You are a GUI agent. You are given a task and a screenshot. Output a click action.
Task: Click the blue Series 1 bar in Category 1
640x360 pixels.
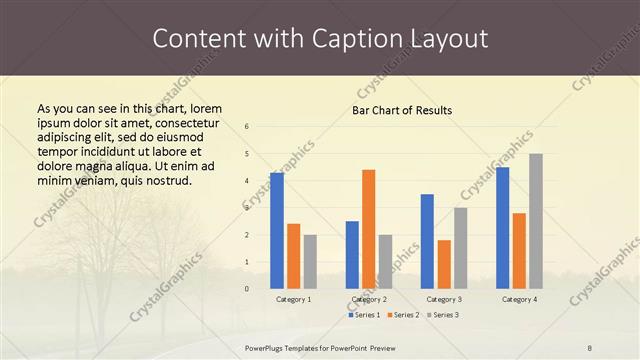[x=277, y=231]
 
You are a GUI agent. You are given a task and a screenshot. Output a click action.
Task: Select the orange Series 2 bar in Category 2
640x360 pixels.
[x=368, y=229]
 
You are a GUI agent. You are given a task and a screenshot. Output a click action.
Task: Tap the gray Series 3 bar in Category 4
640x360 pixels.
[x=536, y=221]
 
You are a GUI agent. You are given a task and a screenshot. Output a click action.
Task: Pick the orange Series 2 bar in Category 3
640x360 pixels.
[x=444, y=264]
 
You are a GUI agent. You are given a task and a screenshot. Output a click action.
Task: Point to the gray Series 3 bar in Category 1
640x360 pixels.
[x=310, y=262]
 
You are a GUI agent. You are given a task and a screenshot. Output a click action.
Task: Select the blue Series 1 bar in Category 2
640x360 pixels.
[x=352, y=255]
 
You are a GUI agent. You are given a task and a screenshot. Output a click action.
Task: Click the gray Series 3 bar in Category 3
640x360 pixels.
[x=460, y=248]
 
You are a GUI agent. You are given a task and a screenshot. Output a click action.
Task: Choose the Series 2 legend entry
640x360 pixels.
[x=403, y=315]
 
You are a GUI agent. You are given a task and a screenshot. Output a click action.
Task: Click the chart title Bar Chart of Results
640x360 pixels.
[x=402, y=110]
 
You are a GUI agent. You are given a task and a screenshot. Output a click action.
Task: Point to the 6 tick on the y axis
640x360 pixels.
[x=247, y=127]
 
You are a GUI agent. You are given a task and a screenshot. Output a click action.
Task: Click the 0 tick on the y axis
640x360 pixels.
[x=247, y=289]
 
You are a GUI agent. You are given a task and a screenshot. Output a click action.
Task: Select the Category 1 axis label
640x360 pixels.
[x=293, y=299]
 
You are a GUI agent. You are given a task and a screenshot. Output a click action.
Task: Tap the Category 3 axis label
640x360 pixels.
[x=444, y=299]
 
